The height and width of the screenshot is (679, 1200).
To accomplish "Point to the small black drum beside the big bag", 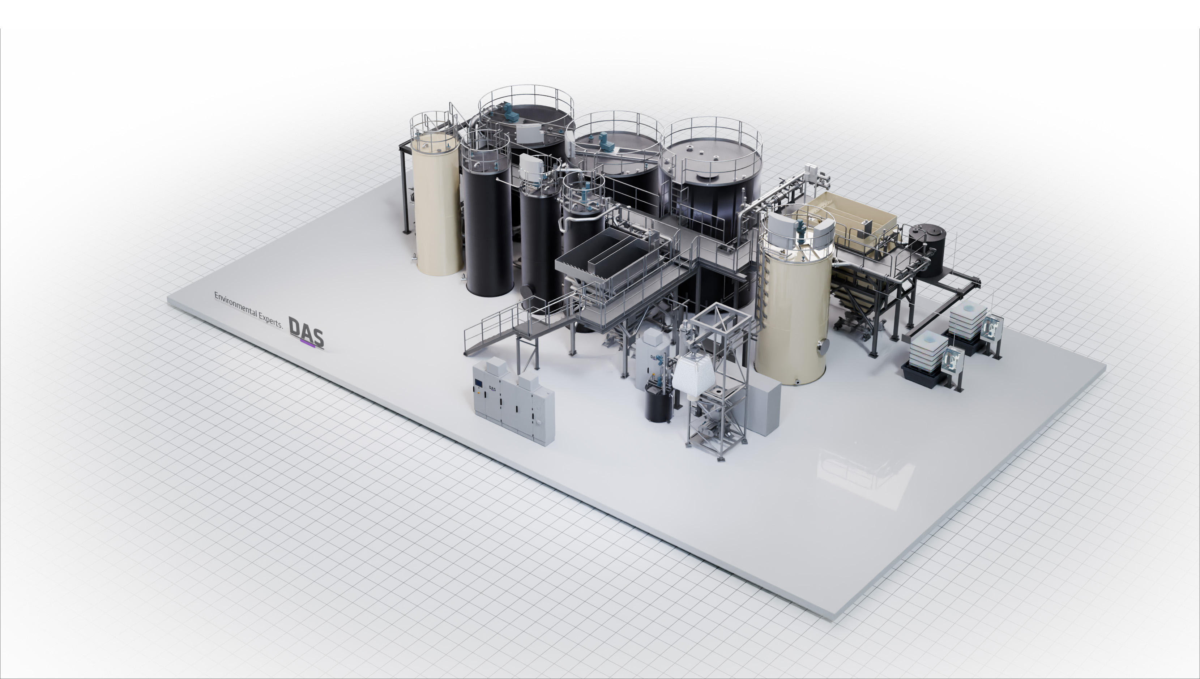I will pyautogui.click(x=658, y=404).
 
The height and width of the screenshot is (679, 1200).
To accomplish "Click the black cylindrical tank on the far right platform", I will pyautogui.click(x=927, y=250).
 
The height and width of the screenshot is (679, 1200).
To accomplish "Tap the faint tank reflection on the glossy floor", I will pyautogui.click(x=862, y=471).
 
